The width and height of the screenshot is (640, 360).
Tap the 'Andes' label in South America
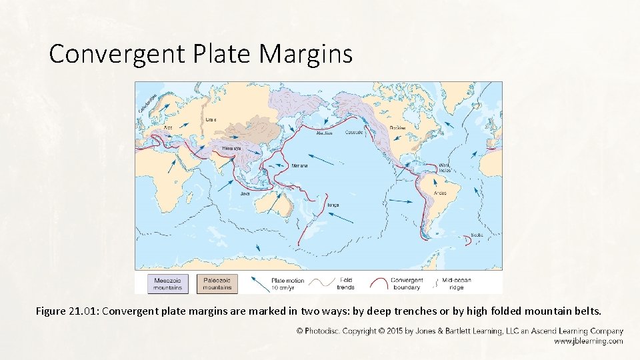(440, 193)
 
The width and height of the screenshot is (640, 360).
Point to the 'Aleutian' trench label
(324, 133)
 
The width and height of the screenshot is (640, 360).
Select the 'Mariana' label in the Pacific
(299, 166)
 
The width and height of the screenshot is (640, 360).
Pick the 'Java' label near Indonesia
(245, 194)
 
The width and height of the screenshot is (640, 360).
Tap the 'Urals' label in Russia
(210, 120)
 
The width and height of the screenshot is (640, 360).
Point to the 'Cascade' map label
(354, 132)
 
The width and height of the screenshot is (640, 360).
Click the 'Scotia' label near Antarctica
(477, 235)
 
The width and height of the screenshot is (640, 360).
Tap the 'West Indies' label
(445, 168)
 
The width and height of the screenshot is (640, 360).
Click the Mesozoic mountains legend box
(167, 283)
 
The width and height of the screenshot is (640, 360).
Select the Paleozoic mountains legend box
(218, 283)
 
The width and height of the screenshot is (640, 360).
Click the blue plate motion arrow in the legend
(259, 283)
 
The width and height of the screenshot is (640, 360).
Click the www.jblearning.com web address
(588, 341)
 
